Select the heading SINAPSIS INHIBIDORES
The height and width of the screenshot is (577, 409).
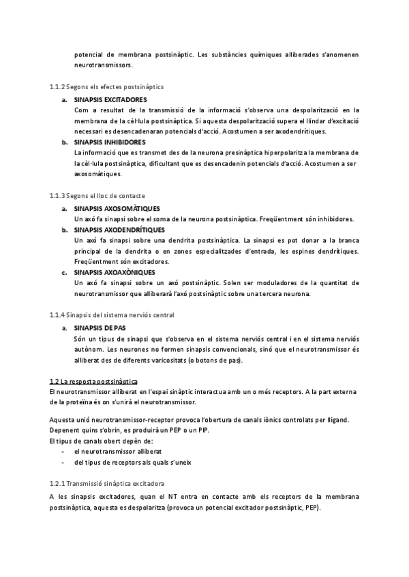point(109,142)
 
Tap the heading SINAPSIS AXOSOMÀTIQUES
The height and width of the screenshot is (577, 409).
point(116,208)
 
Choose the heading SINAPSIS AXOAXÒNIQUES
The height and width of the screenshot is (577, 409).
point(115,272)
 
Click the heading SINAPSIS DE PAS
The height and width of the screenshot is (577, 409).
point(100,327)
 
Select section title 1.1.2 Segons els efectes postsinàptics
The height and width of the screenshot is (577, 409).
point(106,87)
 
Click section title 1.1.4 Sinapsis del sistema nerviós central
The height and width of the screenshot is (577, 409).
point(112,315)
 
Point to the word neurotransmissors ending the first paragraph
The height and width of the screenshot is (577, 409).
point(104,65)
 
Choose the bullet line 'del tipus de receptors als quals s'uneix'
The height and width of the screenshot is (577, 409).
point(132,462)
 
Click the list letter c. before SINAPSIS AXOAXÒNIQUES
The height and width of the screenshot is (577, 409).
point(63,272)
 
